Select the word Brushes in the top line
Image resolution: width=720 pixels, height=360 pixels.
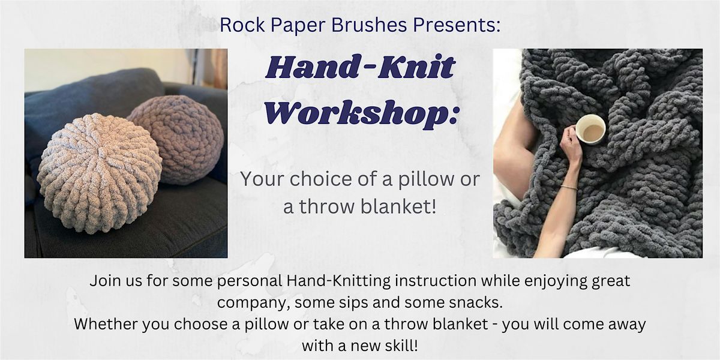pos(369,25)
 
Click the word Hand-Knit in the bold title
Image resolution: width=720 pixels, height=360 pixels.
pos(360,70)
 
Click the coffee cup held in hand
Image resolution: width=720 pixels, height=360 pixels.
pos(591,129)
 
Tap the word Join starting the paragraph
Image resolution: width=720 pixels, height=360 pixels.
pos(103,281)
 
